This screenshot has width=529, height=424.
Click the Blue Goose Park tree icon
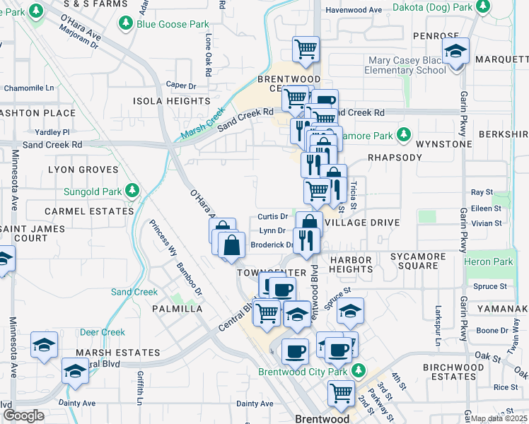(125, 24)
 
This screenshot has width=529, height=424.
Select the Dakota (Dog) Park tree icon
(482, 7)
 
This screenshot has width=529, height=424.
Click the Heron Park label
(489, 262)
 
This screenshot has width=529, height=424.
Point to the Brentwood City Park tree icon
(359, 371)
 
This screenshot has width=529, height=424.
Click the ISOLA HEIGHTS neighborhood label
(172, 101)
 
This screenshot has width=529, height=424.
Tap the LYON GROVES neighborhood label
(83, 170)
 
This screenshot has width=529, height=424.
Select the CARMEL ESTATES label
(88, 211)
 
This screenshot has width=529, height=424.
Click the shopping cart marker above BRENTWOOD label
(306, 49)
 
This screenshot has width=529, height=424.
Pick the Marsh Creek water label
(202, 122)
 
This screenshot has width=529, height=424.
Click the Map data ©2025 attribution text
(499, 418)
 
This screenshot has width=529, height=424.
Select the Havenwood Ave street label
(354, 10)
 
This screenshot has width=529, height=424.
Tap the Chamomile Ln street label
(29, 88)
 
